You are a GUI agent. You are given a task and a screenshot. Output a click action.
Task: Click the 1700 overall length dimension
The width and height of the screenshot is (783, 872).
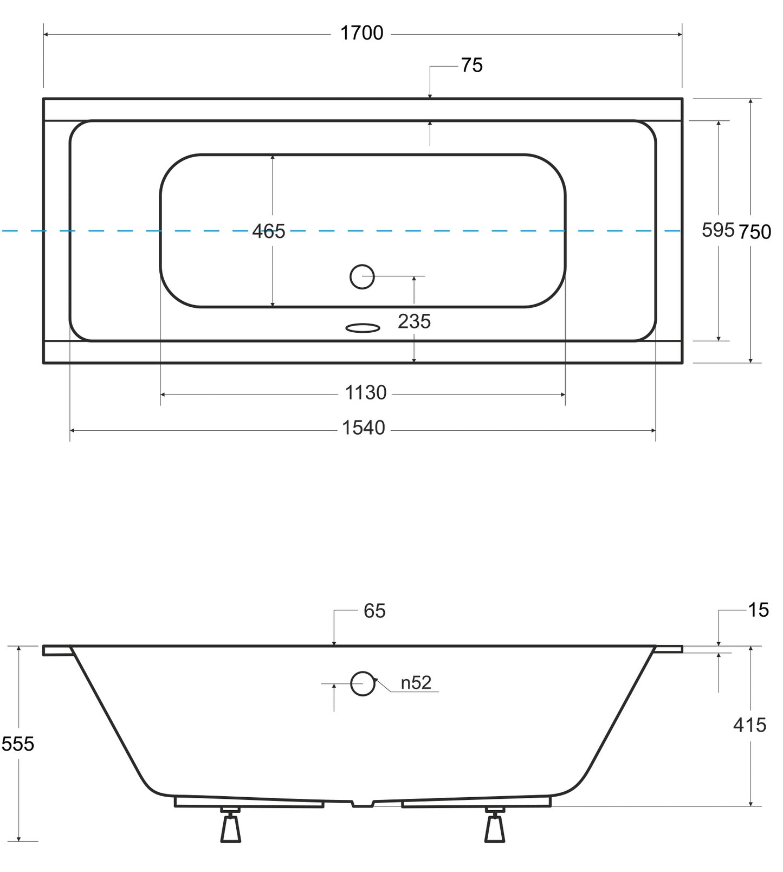click(x=361, y=34)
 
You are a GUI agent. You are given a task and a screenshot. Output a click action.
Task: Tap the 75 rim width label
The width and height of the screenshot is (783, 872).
click(x=472, y=66)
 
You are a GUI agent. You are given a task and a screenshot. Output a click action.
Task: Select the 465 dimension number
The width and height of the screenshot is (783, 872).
click(x=268, y=231)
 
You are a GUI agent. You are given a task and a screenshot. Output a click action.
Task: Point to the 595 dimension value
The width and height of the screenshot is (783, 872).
click(x=718, y=230)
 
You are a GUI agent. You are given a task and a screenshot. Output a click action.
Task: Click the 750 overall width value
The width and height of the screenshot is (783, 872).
click(x=755, y=232)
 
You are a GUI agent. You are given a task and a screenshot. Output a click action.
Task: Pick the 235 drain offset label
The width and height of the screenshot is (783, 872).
click(x=414, y=321)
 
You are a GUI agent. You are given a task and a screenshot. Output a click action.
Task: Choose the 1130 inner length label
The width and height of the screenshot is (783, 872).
click(x=366, y=392)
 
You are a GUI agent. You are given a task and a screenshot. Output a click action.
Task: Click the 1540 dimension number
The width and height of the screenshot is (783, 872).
click(x=363, y=428)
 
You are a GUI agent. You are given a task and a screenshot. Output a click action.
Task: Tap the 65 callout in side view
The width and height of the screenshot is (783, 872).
click(x=374, y=611)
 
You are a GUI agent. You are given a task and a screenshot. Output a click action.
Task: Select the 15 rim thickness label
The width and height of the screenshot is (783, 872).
click(x=759, y=610)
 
